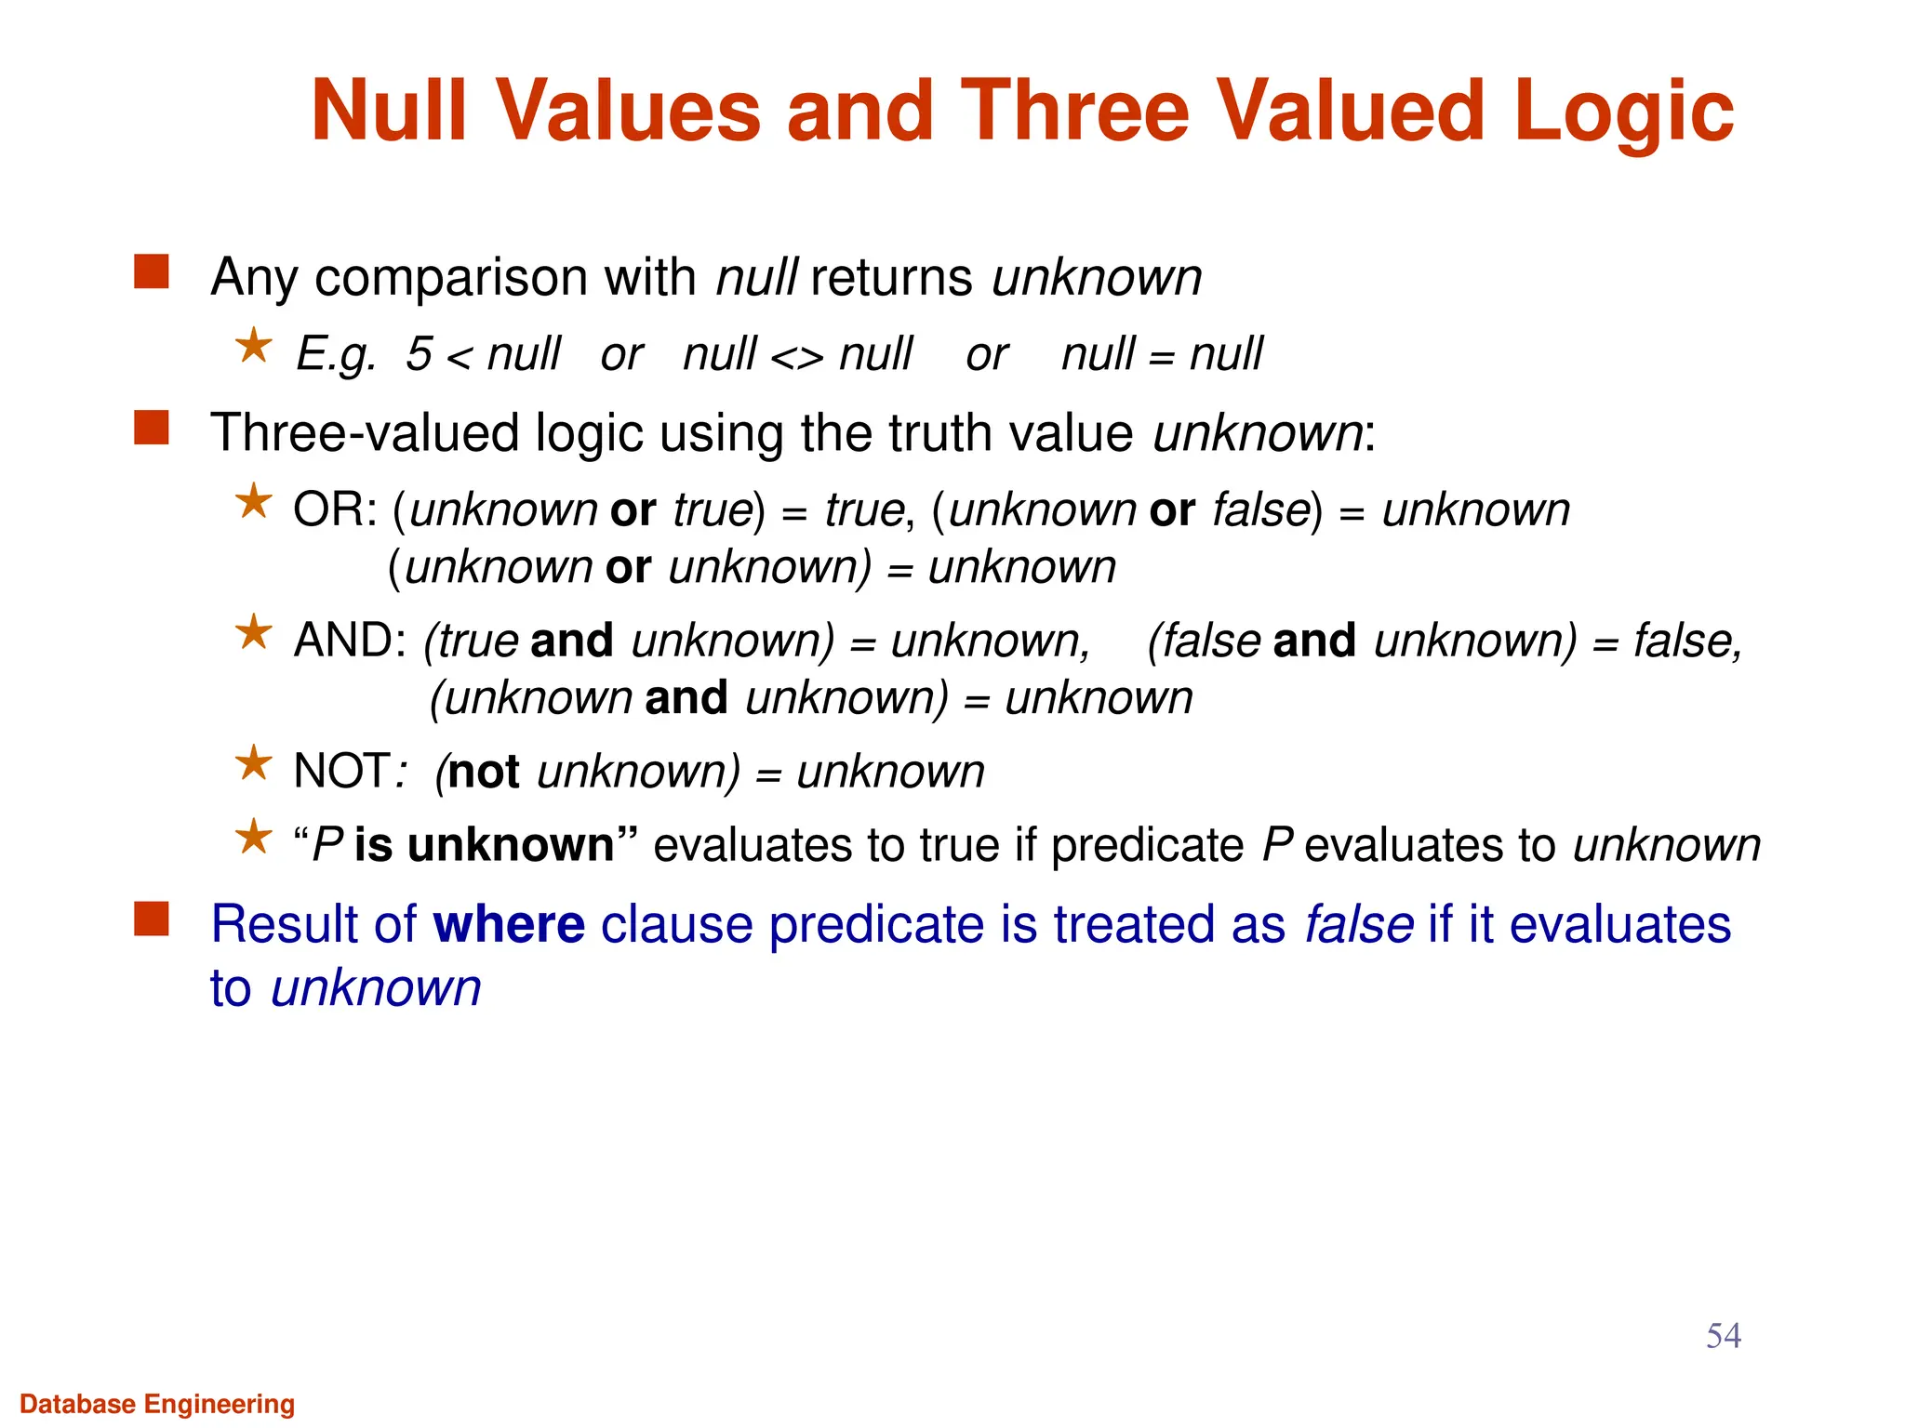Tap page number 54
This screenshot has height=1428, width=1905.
[1723, 1336]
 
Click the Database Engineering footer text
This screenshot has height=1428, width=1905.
[157, 1404]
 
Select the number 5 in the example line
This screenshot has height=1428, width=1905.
[419, 354]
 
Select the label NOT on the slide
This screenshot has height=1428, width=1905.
[340, 772]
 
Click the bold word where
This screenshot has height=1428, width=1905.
[509, 925]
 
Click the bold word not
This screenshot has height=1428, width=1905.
[483, 773]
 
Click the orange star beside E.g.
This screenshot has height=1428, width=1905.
[253, 348]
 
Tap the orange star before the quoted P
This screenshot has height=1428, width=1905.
[253, 838]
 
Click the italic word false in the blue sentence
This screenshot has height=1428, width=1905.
[1358, 925]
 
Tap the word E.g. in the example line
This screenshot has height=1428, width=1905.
[336, 354]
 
